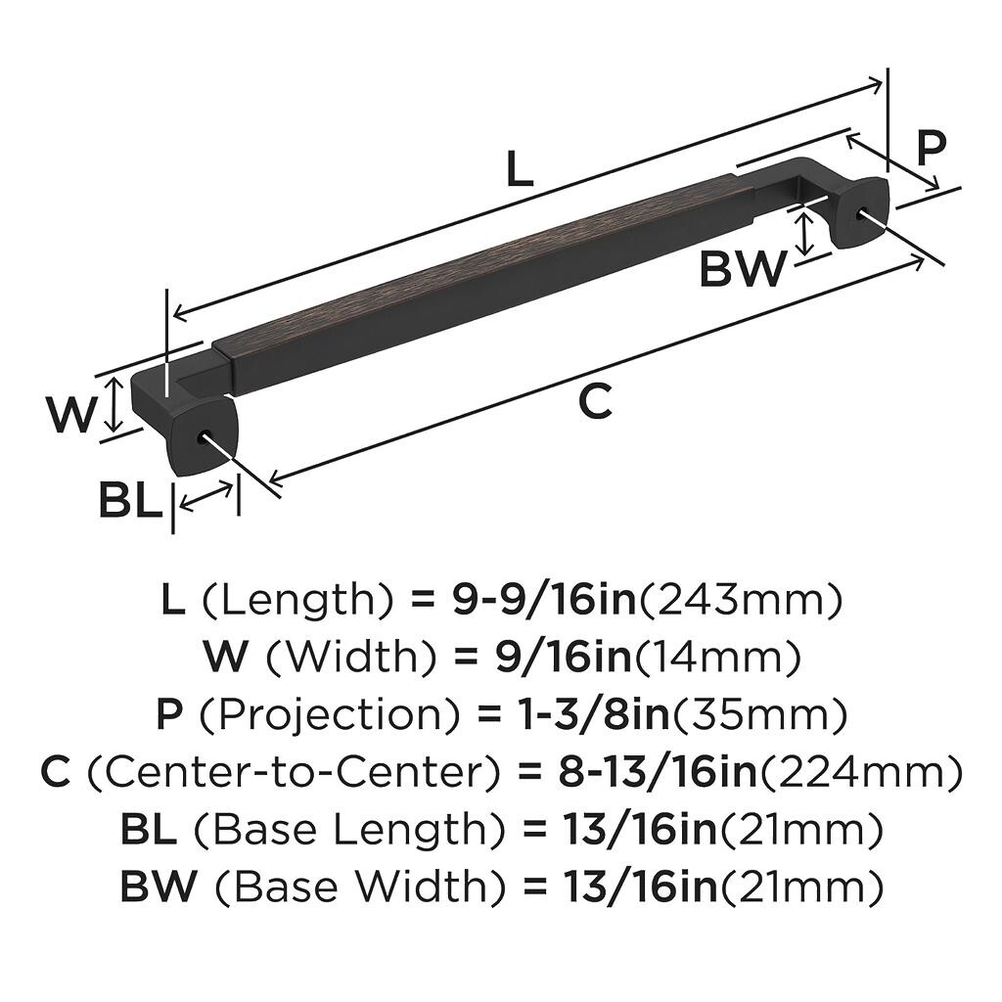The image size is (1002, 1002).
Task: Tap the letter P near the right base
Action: coord(931,149)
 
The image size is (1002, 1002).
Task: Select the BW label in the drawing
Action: coord(743,269)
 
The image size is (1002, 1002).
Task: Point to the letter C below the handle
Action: coord(596,402)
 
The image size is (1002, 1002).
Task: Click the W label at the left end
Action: coord(70,415)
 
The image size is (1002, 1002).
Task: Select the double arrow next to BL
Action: coord(206,496)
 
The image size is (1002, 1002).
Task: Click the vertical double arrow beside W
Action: coord(114,404)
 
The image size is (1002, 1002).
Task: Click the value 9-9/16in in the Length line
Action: coord(545,600)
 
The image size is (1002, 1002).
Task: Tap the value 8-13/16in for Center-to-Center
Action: coord(658,772)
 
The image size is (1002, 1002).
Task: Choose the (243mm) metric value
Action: coord(741,601)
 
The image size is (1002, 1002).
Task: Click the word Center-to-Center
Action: coord(291,772)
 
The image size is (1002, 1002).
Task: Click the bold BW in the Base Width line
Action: coord(158,887)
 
